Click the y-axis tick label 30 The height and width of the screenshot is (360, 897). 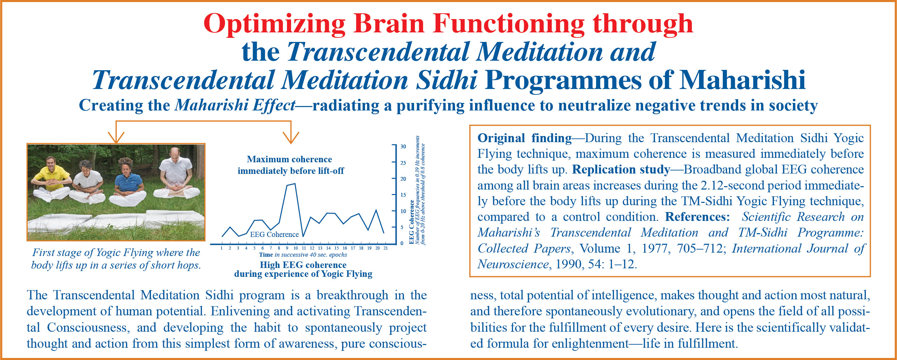(403, 146)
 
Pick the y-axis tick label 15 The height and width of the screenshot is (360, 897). (403, 195)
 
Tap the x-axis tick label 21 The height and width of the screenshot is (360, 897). (385, 248)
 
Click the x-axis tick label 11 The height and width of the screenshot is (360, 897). (303, 248)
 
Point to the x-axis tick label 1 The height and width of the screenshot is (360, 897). (222, 248)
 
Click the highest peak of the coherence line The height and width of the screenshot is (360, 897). (295, 183)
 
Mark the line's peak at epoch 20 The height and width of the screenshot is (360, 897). (376, 210)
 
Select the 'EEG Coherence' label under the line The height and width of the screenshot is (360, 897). (274, 234)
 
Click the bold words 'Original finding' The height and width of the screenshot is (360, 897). (524, 138)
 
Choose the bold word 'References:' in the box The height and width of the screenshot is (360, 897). (697, 217)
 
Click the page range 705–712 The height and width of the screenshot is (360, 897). (702, 249)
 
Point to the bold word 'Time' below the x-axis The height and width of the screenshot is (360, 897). (266, 255)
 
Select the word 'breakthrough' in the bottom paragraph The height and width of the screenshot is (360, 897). (352, 295)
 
